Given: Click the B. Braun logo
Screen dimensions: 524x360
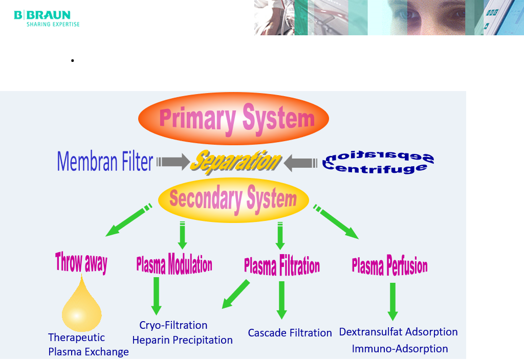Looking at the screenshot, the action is point(47,19).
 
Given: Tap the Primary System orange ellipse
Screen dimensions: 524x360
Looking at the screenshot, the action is point(233,119).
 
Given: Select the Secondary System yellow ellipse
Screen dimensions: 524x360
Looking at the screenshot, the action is point(233,200).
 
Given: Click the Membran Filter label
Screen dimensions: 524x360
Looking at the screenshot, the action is point(105,161).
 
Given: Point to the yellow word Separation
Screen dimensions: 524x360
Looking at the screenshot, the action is point(236,162).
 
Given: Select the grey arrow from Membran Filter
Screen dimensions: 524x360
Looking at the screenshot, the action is point(173,162).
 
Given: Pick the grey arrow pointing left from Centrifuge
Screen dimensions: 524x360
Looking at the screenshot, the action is point(300,163).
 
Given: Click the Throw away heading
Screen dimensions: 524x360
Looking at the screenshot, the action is point(81,262).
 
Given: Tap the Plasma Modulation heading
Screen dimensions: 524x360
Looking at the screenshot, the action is point(174,264).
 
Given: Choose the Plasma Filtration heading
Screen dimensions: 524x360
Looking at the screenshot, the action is point(282,266).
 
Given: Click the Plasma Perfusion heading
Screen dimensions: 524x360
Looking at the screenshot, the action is point(389,266).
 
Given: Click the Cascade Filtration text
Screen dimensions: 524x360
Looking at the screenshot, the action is point(290,333).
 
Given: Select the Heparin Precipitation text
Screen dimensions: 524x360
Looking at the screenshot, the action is point(183,340).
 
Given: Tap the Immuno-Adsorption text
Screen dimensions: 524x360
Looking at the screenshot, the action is point(400,349).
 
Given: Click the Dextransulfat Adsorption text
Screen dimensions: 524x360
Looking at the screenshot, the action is point(398,332).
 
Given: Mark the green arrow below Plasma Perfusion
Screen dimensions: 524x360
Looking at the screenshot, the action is point(392,302).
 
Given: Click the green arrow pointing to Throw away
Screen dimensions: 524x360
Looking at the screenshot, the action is point(128,220).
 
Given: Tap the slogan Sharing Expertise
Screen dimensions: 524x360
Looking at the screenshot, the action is point(53,25).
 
